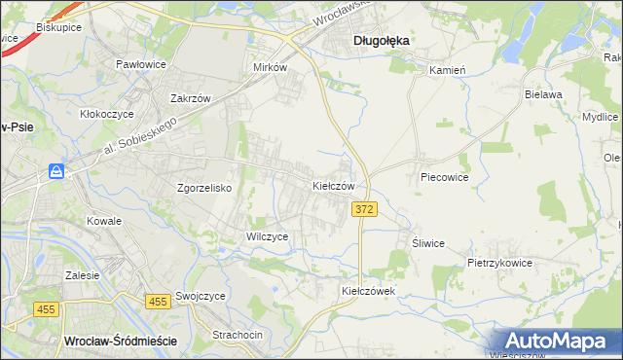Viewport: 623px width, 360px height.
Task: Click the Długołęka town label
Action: click(x=381, y=41)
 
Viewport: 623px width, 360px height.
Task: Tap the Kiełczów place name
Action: click(x=339, y=185)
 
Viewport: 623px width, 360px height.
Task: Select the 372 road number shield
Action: click(x=364, y=209)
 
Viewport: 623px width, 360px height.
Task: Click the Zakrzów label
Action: click(x=191, y=98)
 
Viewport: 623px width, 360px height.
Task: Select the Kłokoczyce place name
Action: click(x=106, y=114)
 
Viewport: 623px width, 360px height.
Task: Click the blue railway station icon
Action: click(x=57, y=172)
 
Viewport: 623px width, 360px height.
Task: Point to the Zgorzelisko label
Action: click(x=203, y=189)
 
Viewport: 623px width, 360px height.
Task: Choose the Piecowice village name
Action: click(x=445, y=178)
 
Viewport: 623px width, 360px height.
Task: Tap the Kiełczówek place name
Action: click(x=367, y=291)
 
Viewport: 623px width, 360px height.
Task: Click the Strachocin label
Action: click(x=238, y=335)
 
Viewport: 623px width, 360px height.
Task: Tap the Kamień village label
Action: click(x=449, y=70)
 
